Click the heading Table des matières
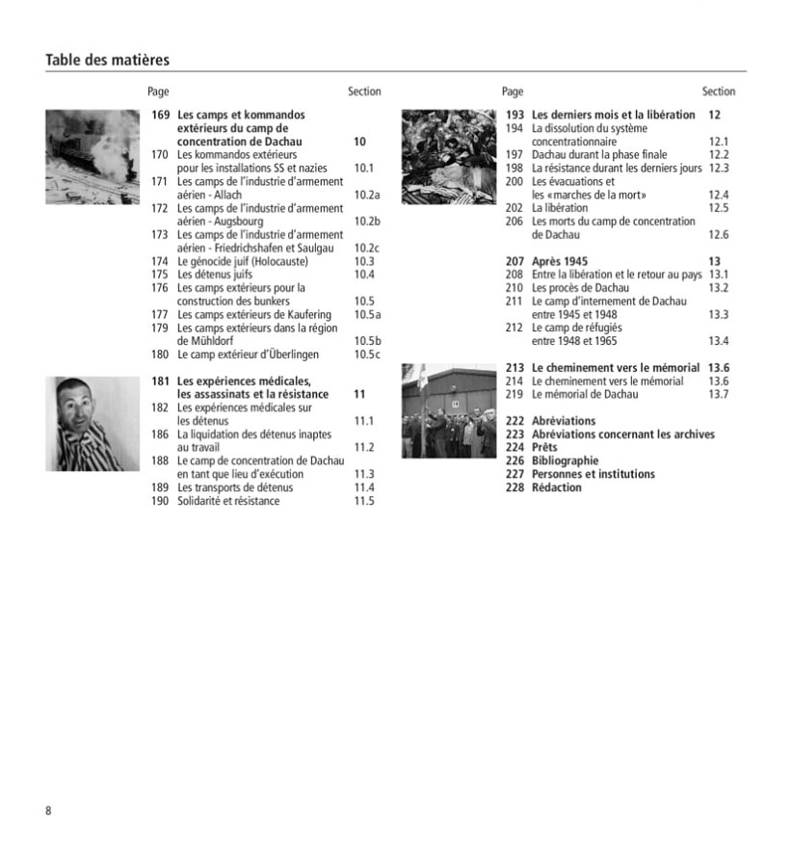tap(107, 60)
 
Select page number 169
tap(160, 115)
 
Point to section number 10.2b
tap(367, 222)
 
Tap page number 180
tap(160, 355)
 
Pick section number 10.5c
tap(367, 355)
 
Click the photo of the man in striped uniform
tap(92, 424)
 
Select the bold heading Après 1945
tap(560, 261)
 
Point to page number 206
tap(515, 222)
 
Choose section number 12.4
tap(719, 195)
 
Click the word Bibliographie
tap(566, 460)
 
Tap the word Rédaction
tap(557, 487)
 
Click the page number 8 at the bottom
tap(49, 810)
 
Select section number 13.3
tap(719, 314)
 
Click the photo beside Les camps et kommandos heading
tap(92, 156)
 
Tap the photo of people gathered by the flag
tap(448, 410)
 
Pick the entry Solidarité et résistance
tap(228, 501)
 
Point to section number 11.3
tap(364, 474)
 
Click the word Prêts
tap(544, 448)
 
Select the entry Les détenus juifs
tap(215, 275)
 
